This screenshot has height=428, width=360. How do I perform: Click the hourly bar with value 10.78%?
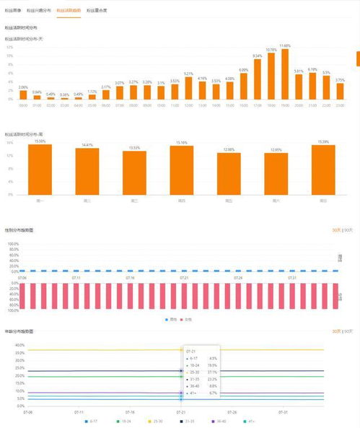click(271, 76)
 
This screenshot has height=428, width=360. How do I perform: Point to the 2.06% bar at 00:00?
click(23, 95)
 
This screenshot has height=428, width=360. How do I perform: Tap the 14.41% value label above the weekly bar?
click(88, 145)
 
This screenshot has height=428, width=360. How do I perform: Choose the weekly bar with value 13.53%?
click(134, 172)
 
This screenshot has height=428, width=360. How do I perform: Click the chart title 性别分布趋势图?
click(19, 230)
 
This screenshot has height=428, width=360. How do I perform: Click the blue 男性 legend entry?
click(171, 318)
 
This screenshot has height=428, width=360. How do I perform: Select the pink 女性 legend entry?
click(188, 318)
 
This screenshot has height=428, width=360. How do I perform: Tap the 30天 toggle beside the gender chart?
click(335, 230)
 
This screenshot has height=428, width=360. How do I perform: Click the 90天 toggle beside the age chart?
click(348, 331)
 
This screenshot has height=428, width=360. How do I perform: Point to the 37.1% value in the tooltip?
click(212, 372)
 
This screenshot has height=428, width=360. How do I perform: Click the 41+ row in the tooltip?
click(201, 394)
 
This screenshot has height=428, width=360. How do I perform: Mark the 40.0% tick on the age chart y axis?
click(20, 345)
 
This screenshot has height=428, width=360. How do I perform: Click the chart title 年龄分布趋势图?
click(19, 331)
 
